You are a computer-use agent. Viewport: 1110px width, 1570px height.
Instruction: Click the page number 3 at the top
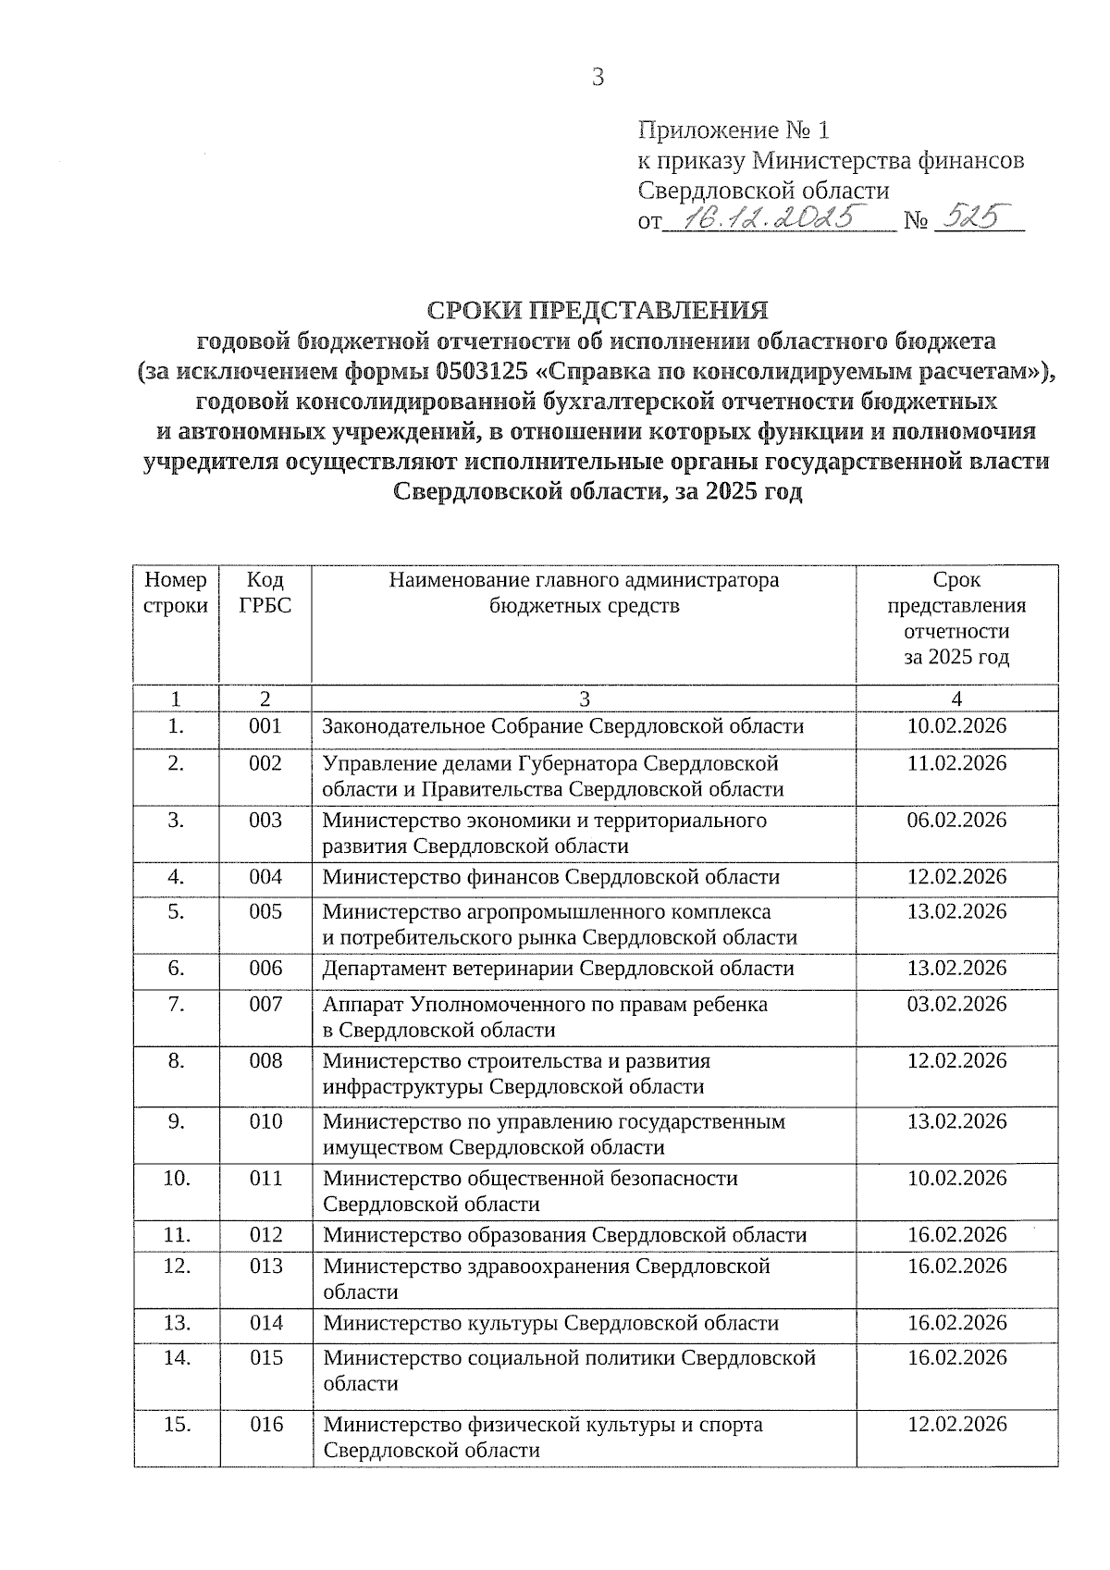click(598, 78)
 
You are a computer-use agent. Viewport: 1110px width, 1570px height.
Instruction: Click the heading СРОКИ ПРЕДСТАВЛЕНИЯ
click(597, 308)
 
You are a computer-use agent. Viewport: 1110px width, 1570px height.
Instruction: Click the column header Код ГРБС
click(265, 593)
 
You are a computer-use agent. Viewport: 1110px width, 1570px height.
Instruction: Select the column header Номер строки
click(177, 593)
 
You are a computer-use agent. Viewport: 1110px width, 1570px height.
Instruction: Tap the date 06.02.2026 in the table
click(956, 821)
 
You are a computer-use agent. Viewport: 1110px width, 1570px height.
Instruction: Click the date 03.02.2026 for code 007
click(956, 1005)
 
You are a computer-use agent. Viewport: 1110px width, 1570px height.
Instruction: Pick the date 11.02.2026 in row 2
click(956, 763)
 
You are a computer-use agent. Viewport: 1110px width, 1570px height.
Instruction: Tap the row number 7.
click(177, 1005)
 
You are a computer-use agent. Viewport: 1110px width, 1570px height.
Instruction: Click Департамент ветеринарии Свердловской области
click(558, 969)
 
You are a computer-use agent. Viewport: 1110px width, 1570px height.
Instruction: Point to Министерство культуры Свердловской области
click(550, 1323)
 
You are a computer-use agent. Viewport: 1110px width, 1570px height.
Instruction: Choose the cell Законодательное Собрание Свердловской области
click(562, 726)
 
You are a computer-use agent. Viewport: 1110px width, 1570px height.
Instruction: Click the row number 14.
click(177, 1358)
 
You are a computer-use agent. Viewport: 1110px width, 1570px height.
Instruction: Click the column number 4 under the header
click(956, 698)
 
